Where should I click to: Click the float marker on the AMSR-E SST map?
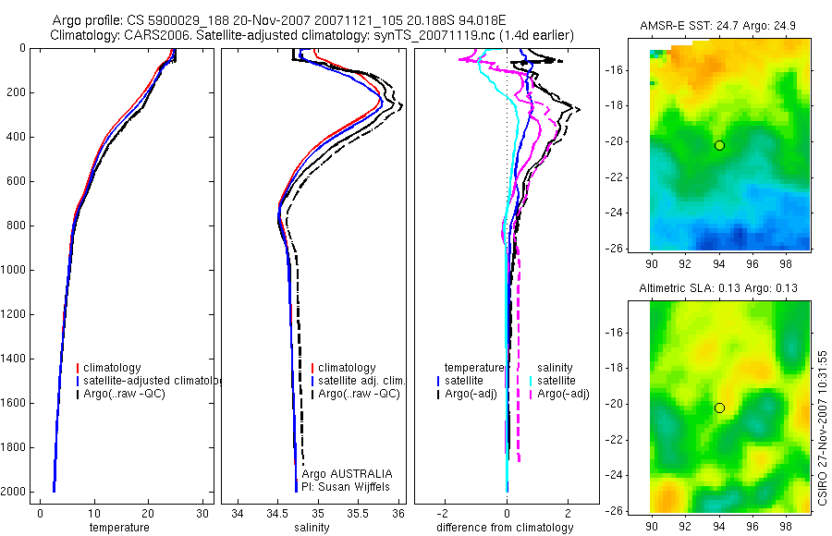click(x=719, y=145)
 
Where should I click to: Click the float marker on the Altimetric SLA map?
click(x=719, y=408)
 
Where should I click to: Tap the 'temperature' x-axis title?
click(x=118, y=528)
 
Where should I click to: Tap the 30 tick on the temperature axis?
click(x=202, y=513)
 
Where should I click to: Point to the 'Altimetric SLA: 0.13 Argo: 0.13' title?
click(x=718, y=289)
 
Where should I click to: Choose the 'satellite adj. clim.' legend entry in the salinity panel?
click(x=360, y=381)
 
